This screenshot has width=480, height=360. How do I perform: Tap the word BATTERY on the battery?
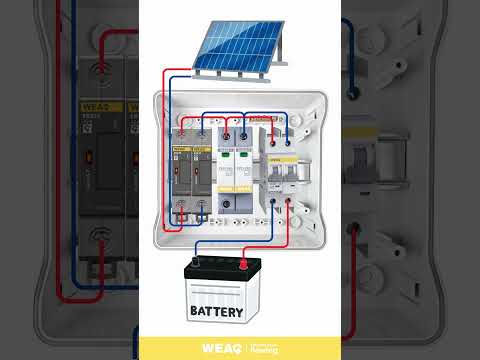coord(215,312)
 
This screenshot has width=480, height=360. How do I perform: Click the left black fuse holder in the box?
coord(182,175)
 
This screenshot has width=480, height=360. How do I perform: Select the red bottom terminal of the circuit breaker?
coord(271,207)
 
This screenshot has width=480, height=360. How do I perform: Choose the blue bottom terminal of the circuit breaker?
coord(288,207)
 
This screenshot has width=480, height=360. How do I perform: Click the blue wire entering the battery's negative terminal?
coord(196,250)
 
